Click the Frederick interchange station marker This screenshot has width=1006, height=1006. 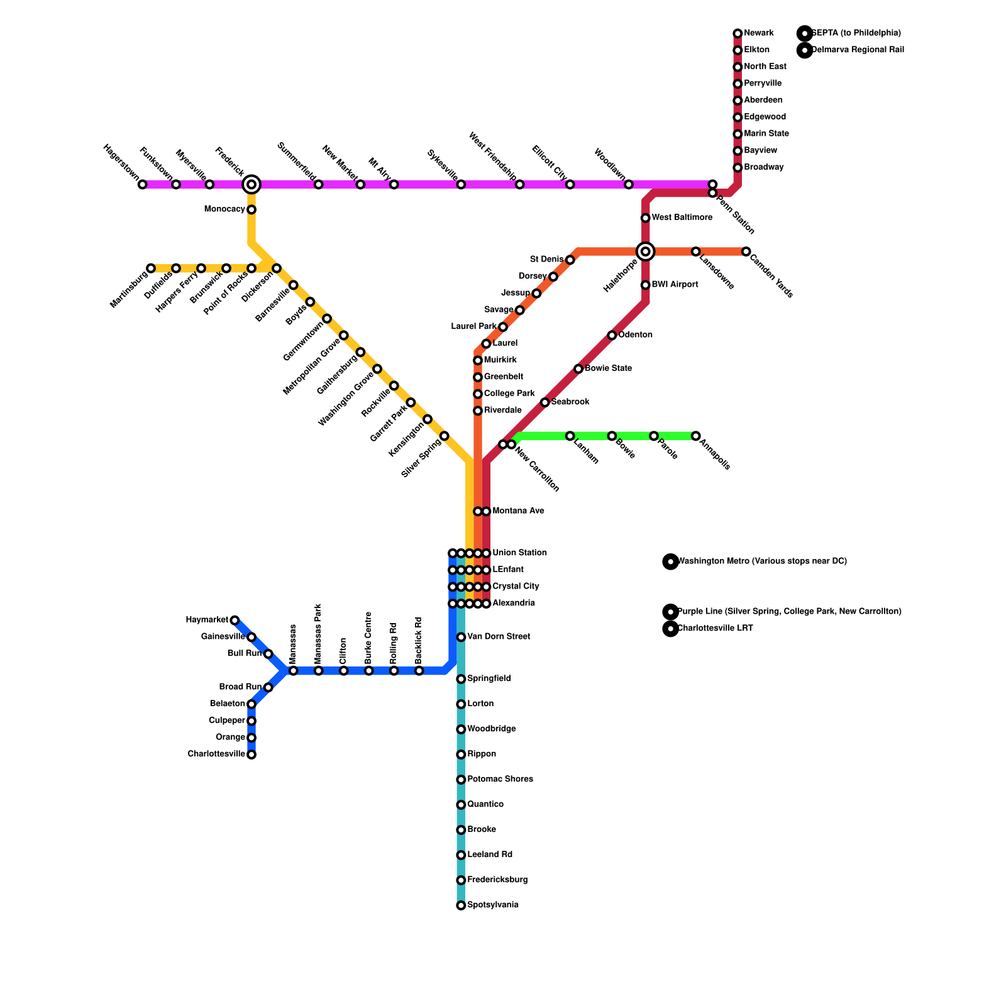point(251,184)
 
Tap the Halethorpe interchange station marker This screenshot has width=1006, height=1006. point(645,251)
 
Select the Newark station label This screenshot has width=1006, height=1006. point(759,33)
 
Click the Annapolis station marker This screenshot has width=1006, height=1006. point(695,436)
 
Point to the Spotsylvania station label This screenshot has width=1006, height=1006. point(493,905)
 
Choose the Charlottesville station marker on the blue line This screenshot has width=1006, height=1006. point(251,754)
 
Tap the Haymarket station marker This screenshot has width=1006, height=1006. point(235,621)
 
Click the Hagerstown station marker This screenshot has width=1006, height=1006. point(143,184)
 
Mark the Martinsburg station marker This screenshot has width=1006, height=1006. point(151,268)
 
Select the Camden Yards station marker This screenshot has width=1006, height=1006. point(746,251)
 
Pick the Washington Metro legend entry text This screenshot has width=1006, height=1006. point(762,561)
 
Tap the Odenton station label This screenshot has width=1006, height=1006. point(635,335)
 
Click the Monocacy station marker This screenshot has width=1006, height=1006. point(251,209)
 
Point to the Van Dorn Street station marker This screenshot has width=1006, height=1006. point(461,637)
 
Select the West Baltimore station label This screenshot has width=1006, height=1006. point(682,218)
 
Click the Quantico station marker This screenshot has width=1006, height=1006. point(461,805)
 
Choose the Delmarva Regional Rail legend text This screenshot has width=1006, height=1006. point(858,50)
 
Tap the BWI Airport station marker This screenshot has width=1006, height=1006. point(645,285)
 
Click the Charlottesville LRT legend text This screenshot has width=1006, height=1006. point(715,629)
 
